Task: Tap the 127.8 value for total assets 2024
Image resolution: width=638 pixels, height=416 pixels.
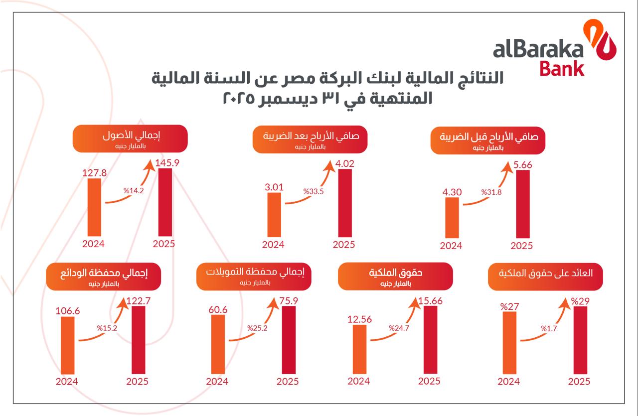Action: (94, 172)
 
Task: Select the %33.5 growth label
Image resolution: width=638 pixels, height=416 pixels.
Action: (314, 191)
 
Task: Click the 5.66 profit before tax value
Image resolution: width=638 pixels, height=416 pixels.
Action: (522, 164)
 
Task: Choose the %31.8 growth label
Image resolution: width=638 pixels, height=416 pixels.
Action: (492, 192)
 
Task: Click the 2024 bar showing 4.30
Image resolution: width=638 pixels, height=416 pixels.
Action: (452, 217)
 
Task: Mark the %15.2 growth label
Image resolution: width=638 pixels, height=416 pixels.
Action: (107, 328)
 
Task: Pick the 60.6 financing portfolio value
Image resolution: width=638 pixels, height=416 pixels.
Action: (218, 309)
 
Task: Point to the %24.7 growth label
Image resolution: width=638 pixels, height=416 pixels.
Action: (398, 328)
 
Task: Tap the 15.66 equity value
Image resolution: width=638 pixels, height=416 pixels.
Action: (430, 300)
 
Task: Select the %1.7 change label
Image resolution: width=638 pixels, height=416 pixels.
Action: (549, 328)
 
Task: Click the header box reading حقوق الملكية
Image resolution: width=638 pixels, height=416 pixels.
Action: (395, 277)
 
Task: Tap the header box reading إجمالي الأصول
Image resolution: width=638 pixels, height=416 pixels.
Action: (130, 139)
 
